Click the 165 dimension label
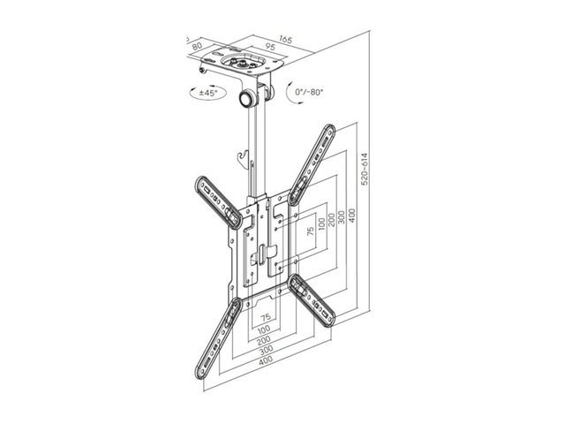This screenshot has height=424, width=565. point(285,39)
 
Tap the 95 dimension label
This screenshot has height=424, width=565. point(270,47)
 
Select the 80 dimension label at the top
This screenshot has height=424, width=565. point(197,46)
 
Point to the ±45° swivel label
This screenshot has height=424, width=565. point(208,93)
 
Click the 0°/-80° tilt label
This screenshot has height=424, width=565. point(309,92)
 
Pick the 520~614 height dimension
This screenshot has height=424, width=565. point(365,169)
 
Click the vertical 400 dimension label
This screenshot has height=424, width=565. point(352,216)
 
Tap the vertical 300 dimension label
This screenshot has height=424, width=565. point(342,217)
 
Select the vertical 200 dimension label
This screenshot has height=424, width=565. point(332,220)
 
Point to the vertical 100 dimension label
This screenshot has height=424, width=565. point(321,223)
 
